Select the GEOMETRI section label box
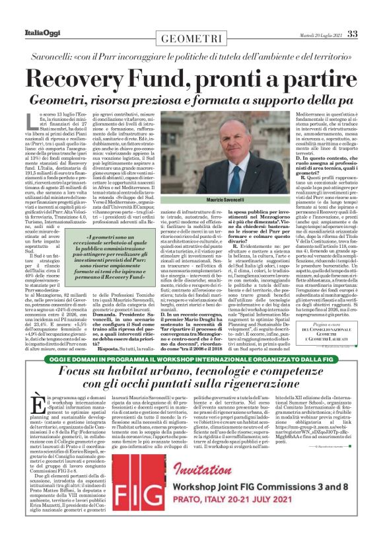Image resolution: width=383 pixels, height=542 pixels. pyautogui.click(x=191, y=38)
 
